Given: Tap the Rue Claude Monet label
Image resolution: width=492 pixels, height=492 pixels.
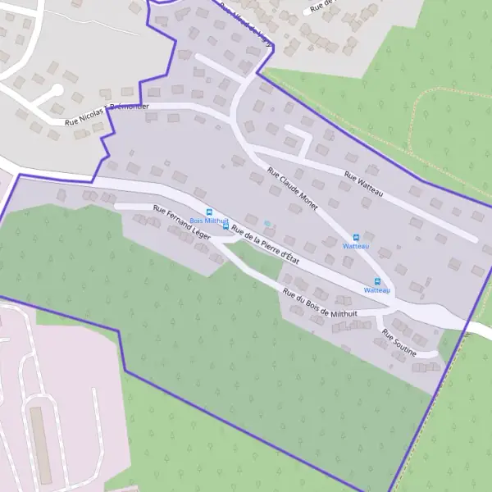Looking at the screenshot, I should pyautogui.click(x=292, y=189).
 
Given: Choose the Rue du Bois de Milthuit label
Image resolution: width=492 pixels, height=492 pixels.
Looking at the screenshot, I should pyautogui.click(x=320, y=304).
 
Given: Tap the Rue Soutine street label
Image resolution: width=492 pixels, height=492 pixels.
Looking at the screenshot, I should pyautogui.click(x=399, y=342).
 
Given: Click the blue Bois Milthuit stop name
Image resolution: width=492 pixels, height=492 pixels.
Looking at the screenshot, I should pyautogui.click(x=208, y=221).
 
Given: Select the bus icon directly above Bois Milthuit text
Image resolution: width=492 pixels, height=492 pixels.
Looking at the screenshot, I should pyautogui.click(x=209, y=212).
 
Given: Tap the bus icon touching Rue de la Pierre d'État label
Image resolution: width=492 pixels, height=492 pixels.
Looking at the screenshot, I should pyautogui.click(x=226, y=226).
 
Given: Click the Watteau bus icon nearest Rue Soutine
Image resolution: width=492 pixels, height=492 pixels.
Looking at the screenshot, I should pyautogui.click(x=377, y=281).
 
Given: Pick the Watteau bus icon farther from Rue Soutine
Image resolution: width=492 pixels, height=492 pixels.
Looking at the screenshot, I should pyautogui.click(x=356, y=237).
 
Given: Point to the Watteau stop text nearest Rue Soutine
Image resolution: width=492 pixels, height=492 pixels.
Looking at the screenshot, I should pyautogui.click(x=377, y=290).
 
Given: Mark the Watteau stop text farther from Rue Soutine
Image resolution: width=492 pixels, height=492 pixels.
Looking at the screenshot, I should pyautogui.click(x=356, y=246).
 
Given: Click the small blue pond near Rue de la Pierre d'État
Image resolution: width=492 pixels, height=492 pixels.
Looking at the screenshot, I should pyautogui.click(x=267, y=223).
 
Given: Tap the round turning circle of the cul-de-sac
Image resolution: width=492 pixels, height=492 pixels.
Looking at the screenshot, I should pyautogui.click(x=57, y=90).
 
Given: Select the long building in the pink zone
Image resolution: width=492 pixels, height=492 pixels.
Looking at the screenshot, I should pyautogui.click(x=39, y=444).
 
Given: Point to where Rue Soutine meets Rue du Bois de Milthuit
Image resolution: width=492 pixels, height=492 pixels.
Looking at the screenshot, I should pyautogui.click(x=381, y=315).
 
